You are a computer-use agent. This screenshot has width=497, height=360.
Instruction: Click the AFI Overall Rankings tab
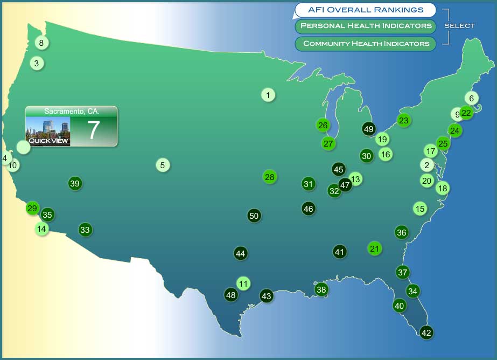[x=365, y=10]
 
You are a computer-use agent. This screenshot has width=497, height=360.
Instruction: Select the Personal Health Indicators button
[x=366, y=26]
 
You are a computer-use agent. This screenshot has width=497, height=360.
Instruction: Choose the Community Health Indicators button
[x=366, y=44]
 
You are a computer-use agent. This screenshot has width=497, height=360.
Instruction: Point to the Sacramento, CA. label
[x=72, y=111]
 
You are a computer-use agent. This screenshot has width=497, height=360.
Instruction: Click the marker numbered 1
[x=268, y=95]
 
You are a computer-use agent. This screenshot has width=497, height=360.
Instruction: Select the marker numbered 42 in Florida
[x=426, y=333]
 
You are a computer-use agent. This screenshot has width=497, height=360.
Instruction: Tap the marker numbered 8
[x=41, y=43]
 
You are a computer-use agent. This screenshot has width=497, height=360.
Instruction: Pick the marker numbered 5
[x=163, y=165]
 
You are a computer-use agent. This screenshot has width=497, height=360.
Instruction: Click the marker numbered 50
[x=254, y=216]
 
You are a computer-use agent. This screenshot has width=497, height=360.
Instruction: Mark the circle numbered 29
[x=32, y=208]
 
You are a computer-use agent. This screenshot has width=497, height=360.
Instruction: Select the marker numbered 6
[x=471, y=98]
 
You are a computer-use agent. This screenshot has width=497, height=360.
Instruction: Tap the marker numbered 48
[x=231, y=295]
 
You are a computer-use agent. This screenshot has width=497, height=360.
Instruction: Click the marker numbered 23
[x=404, y=120]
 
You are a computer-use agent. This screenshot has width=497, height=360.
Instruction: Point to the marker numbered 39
[x=75, y=183]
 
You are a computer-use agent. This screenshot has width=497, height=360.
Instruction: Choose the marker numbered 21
[x=375, y=248]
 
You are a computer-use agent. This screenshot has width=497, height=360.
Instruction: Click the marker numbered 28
[x=270, y=177]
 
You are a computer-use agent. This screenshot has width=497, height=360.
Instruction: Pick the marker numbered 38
[x=321, y=289]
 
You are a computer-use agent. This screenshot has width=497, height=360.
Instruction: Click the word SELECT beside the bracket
[x=460, y=26]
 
